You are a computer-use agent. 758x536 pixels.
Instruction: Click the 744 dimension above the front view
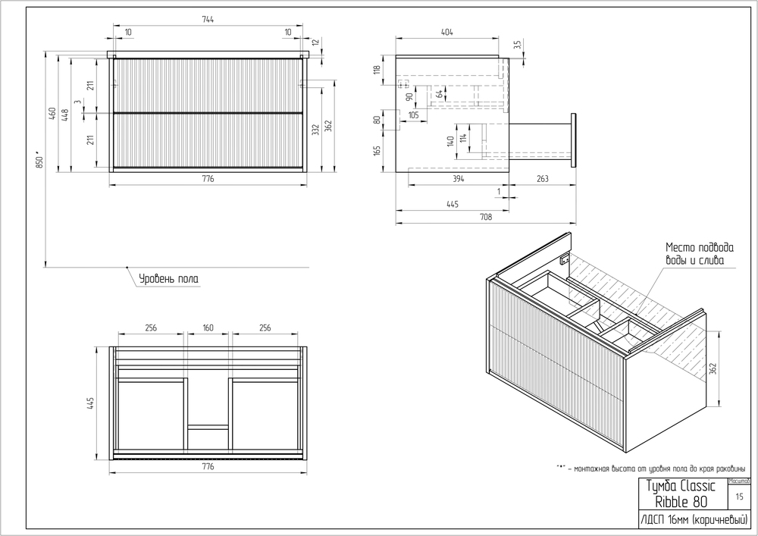point(208,20)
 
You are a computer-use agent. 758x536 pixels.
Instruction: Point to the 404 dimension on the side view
point(446,32)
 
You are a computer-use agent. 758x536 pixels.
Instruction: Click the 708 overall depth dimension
point(485,218)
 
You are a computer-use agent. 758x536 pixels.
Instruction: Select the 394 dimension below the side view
point(458,179)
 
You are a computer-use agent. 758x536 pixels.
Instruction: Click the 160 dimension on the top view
point(208,328)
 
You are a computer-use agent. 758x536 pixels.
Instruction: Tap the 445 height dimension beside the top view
point(90,404)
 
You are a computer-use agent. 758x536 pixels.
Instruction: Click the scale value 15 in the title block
point(739,497)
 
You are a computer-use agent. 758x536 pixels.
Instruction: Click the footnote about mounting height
point(653,467)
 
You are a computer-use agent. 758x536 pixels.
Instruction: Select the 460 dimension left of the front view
point(52,114)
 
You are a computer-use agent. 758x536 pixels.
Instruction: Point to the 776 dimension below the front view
point(208,179)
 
